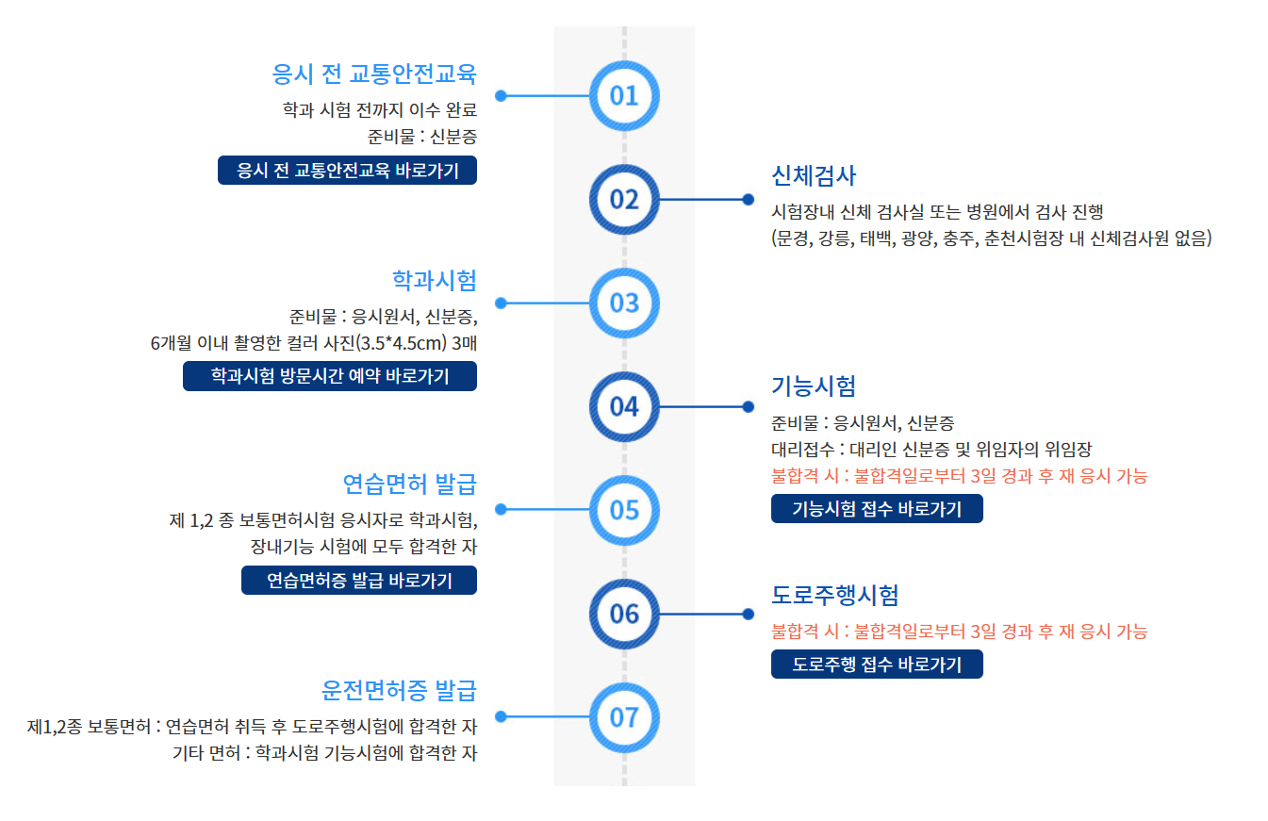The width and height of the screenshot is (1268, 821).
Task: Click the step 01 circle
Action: click(624, 95)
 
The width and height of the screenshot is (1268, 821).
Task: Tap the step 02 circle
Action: click(624, 199)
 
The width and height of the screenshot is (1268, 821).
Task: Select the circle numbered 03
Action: click(624, 303)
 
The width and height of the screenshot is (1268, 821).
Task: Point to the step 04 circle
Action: click(624, 406)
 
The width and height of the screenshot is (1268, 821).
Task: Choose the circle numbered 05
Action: click(624, 510)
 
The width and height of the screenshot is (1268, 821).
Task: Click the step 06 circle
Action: click(624, 614)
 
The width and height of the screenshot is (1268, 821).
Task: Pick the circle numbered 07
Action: click(624, 717)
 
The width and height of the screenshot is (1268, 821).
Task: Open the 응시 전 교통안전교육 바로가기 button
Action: click(347, 171)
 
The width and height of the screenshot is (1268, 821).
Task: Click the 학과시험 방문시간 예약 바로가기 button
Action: click(330, 376)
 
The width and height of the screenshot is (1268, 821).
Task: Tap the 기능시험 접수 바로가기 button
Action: click(877, 509)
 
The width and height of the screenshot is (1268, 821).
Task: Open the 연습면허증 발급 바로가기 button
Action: click(359, 581)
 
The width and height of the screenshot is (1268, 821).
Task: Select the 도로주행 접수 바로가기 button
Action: click(877, 665)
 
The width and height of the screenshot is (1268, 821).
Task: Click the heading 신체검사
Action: click(814, 175)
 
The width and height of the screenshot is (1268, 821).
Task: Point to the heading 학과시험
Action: click(435, 279)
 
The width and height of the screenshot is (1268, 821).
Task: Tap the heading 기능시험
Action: click(814, 386)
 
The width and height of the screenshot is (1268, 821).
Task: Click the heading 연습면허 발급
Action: click(410, 484)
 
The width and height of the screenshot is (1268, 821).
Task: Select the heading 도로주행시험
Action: click(835, 595)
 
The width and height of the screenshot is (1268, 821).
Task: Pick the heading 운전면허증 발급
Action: click(400, 691)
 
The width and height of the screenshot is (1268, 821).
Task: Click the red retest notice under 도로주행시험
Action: click(960, 632)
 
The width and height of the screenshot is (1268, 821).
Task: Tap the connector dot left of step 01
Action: click(501, 95)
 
